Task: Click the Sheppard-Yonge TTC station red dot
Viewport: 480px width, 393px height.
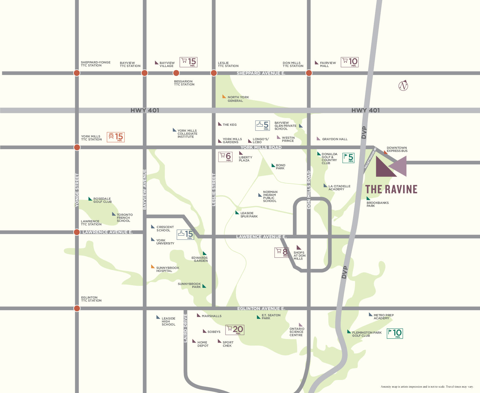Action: click(77, 73)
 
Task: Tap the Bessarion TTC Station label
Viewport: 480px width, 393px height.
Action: click(184, 83)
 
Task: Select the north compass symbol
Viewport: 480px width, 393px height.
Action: click(403, 86)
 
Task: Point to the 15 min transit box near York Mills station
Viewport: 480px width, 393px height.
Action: click(116, 137)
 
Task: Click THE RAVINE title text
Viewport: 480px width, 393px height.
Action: click(391, 189)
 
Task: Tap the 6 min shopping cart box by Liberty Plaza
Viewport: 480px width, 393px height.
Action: click(225, 157)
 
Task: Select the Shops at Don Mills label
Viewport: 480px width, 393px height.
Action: click(299, 256)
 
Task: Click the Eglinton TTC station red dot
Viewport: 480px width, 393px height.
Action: click(77, 308)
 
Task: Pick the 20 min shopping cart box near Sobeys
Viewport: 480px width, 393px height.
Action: click(235, 330)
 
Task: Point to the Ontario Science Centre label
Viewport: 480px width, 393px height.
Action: click(297, 332)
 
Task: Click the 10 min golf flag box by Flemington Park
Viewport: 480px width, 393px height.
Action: click(395, 333)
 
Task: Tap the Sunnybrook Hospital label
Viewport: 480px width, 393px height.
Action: click(167, 269)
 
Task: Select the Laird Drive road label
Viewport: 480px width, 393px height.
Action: click(186, 328)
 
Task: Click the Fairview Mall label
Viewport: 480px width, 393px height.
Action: click(327, 64)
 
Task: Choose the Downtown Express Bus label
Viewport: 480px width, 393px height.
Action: click(397, 149)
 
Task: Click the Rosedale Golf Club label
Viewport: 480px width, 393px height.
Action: click(102, 200)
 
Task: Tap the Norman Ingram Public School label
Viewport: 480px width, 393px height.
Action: click(270, 196)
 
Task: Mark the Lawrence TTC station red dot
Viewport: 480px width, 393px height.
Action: click(77, 232)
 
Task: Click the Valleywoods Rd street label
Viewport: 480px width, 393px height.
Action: click(370, 158)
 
